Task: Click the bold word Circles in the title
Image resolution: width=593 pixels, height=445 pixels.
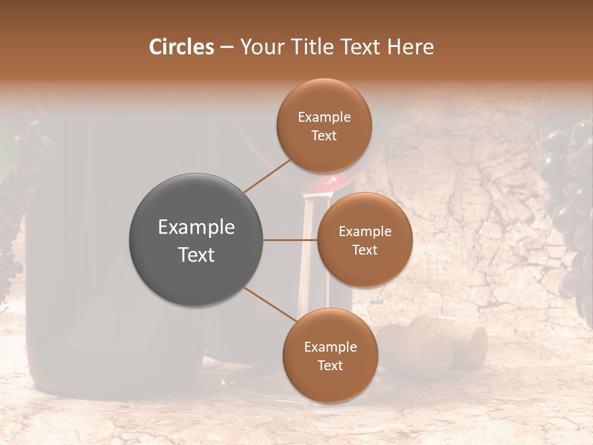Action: [x=181, y=47]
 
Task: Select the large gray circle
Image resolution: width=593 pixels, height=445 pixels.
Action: [x=196, y=240]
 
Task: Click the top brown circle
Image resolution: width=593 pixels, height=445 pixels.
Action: [x=324, y=125]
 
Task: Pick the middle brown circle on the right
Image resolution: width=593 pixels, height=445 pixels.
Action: [x=364, y=240]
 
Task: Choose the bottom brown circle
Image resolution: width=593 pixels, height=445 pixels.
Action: [x=330, y=355]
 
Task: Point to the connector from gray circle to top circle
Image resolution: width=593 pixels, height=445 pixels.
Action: [x=267, y=176]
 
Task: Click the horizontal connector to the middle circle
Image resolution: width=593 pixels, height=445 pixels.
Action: [x=290, y=240]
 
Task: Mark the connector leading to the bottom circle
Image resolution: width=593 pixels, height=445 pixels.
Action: [x=269, y=304]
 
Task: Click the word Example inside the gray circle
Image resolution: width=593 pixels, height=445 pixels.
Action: [x=196, y=227]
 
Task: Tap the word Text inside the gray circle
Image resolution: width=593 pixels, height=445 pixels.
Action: [x=196, y=255]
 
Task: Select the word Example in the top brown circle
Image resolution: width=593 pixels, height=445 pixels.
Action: [x=324, y=117]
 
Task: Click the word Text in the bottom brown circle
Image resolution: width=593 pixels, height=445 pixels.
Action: [x=330, y=365]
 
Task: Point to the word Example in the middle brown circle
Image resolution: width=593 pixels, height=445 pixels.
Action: [x=364, y=231]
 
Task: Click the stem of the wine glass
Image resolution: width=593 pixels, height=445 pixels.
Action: [x=307, y=260]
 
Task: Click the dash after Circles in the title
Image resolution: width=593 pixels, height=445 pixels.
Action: [x=227, y=48]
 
